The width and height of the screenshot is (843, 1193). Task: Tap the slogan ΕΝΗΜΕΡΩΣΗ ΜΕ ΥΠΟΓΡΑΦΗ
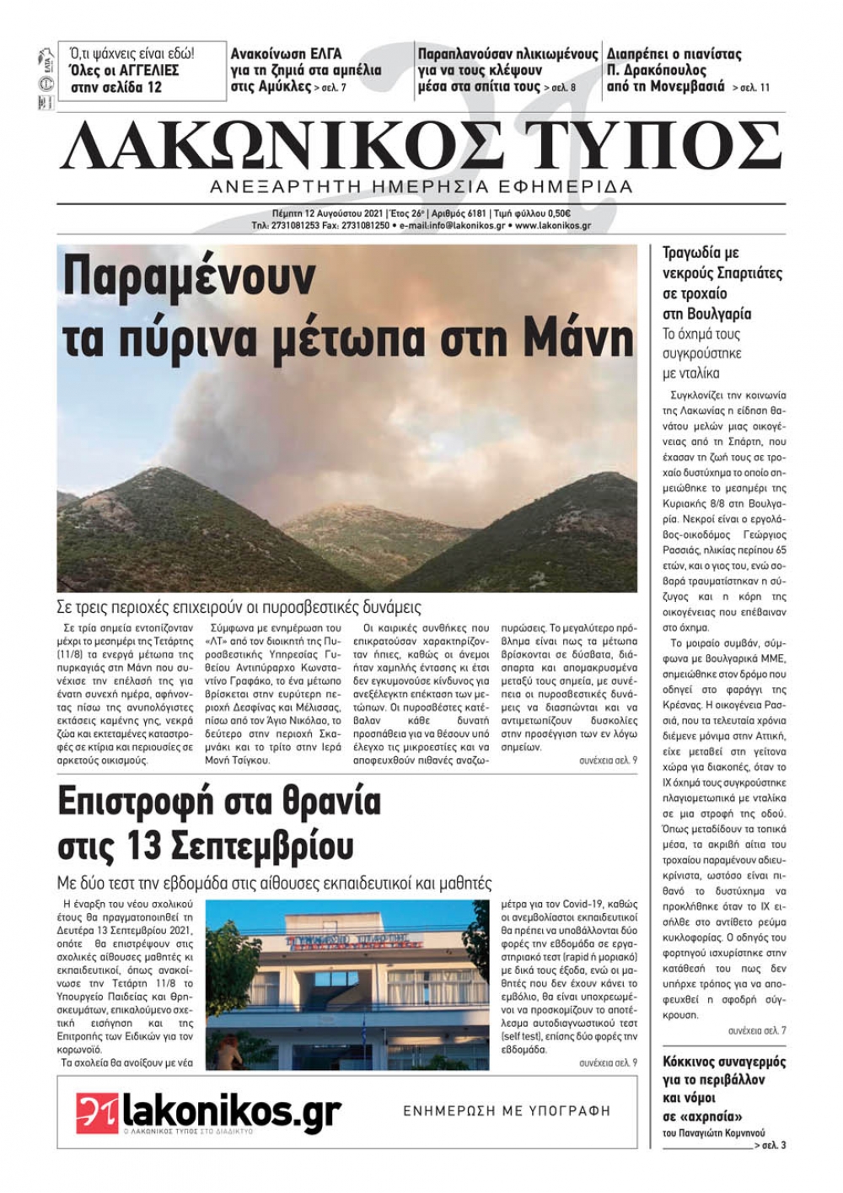[x=506, y=1110]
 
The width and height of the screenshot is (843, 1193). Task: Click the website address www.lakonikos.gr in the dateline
[x=552, y=226]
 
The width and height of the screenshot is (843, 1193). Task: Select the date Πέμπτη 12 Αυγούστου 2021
[x=327, y=214]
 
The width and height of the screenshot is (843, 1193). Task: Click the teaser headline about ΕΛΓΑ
[x=305, y=70]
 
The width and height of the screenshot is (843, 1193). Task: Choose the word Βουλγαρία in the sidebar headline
[x=707, y=314]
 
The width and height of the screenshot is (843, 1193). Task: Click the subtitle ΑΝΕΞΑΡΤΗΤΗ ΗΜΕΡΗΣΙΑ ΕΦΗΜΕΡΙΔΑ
[x=421, y=187]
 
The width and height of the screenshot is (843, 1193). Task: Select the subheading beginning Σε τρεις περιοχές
[x=239, y=607]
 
